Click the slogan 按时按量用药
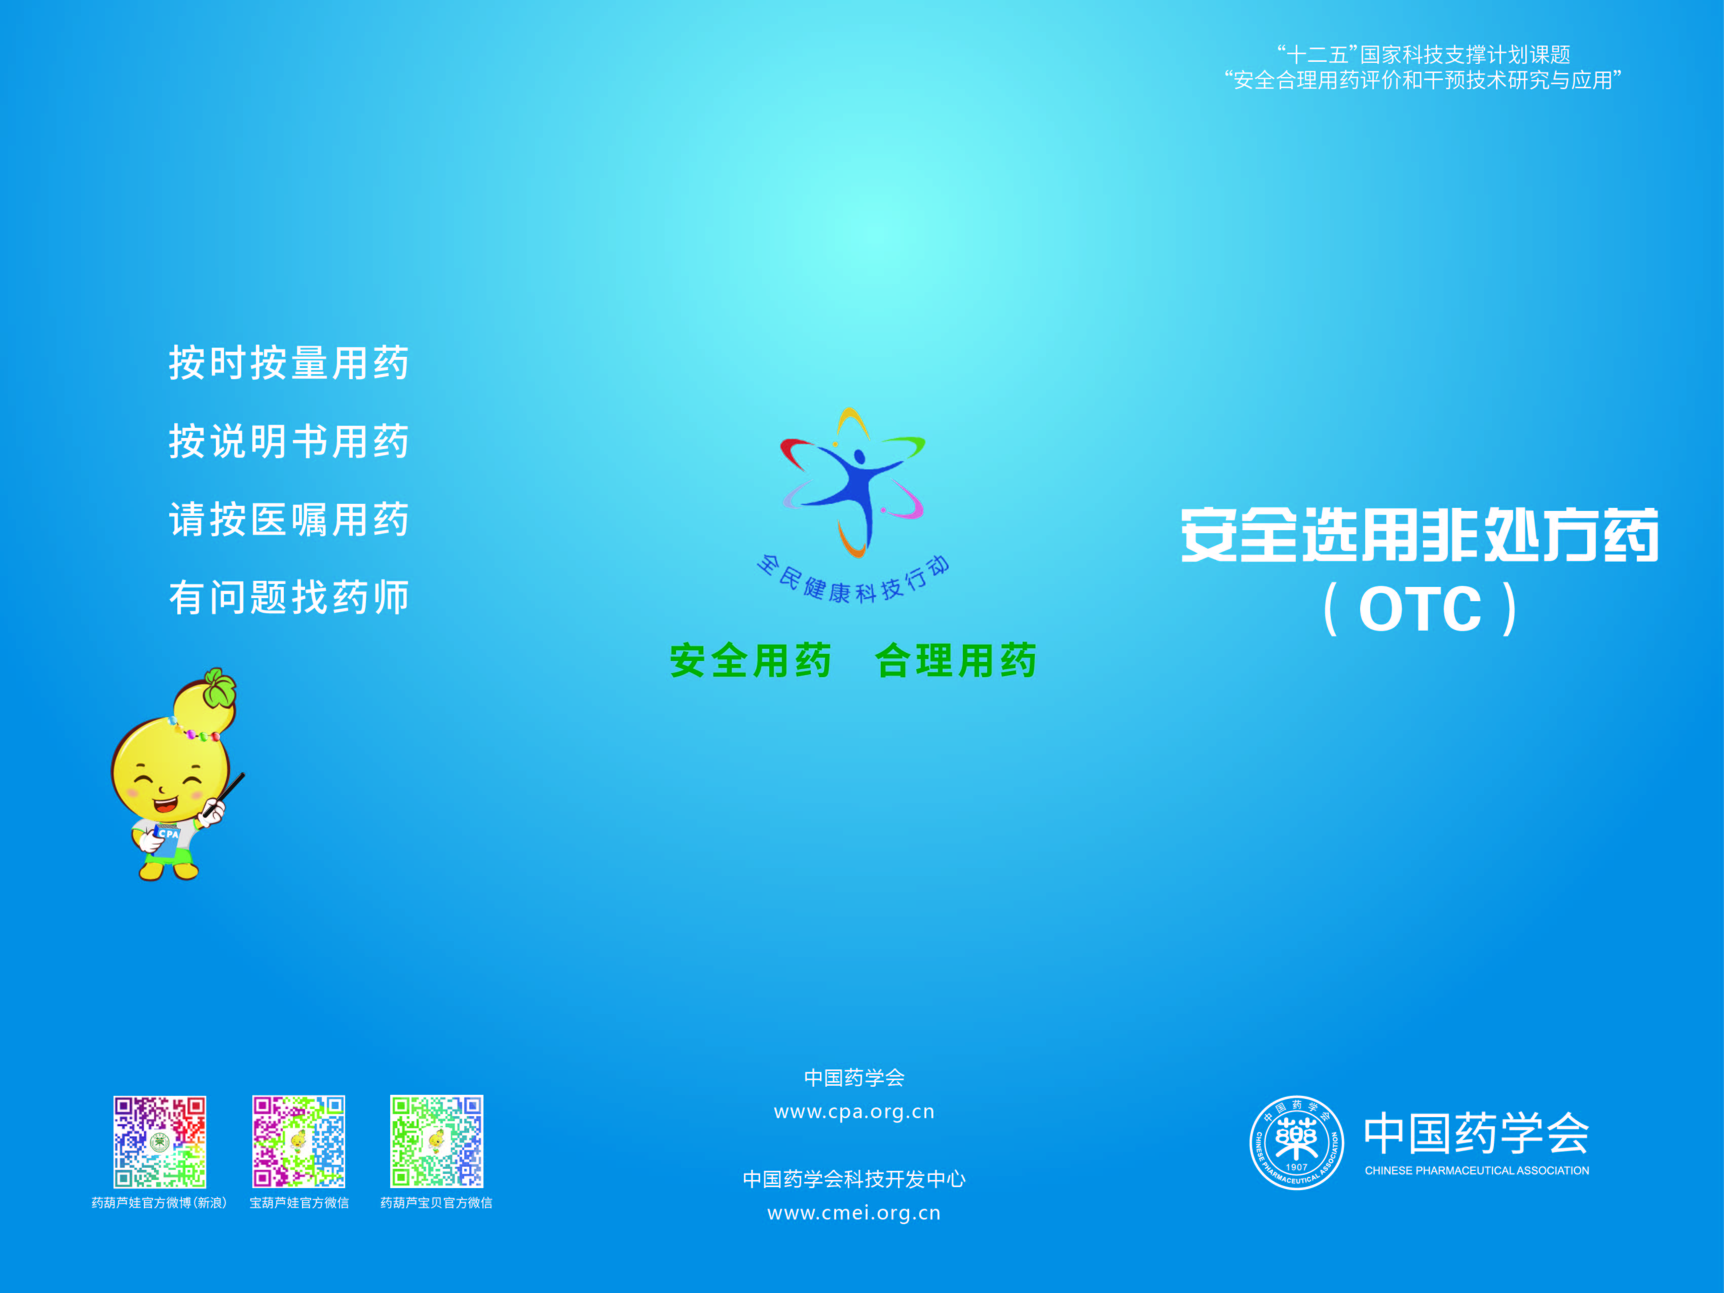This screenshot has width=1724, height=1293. (x=289, y=363)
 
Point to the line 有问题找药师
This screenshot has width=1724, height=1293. (x=289, y=598)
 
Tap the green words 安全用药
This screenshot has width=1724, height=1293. (x=751, y=661)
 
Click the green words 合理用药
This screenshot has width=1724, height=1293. (x=956, y=661)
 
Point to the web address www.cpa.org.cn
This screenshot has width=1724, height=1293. (x=854, y=1112)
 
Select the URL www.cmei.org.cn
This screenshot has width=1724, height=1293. (x=854, y=1213)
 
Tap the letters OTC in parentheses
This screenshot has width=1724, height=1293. (x=1420, y=609)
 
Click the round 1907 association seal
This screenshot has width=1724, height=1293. (x=1297, y=1142)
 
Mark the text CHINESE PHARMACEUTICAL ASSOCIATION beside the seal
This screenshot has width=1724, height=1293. (x=1477, y=1171)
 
